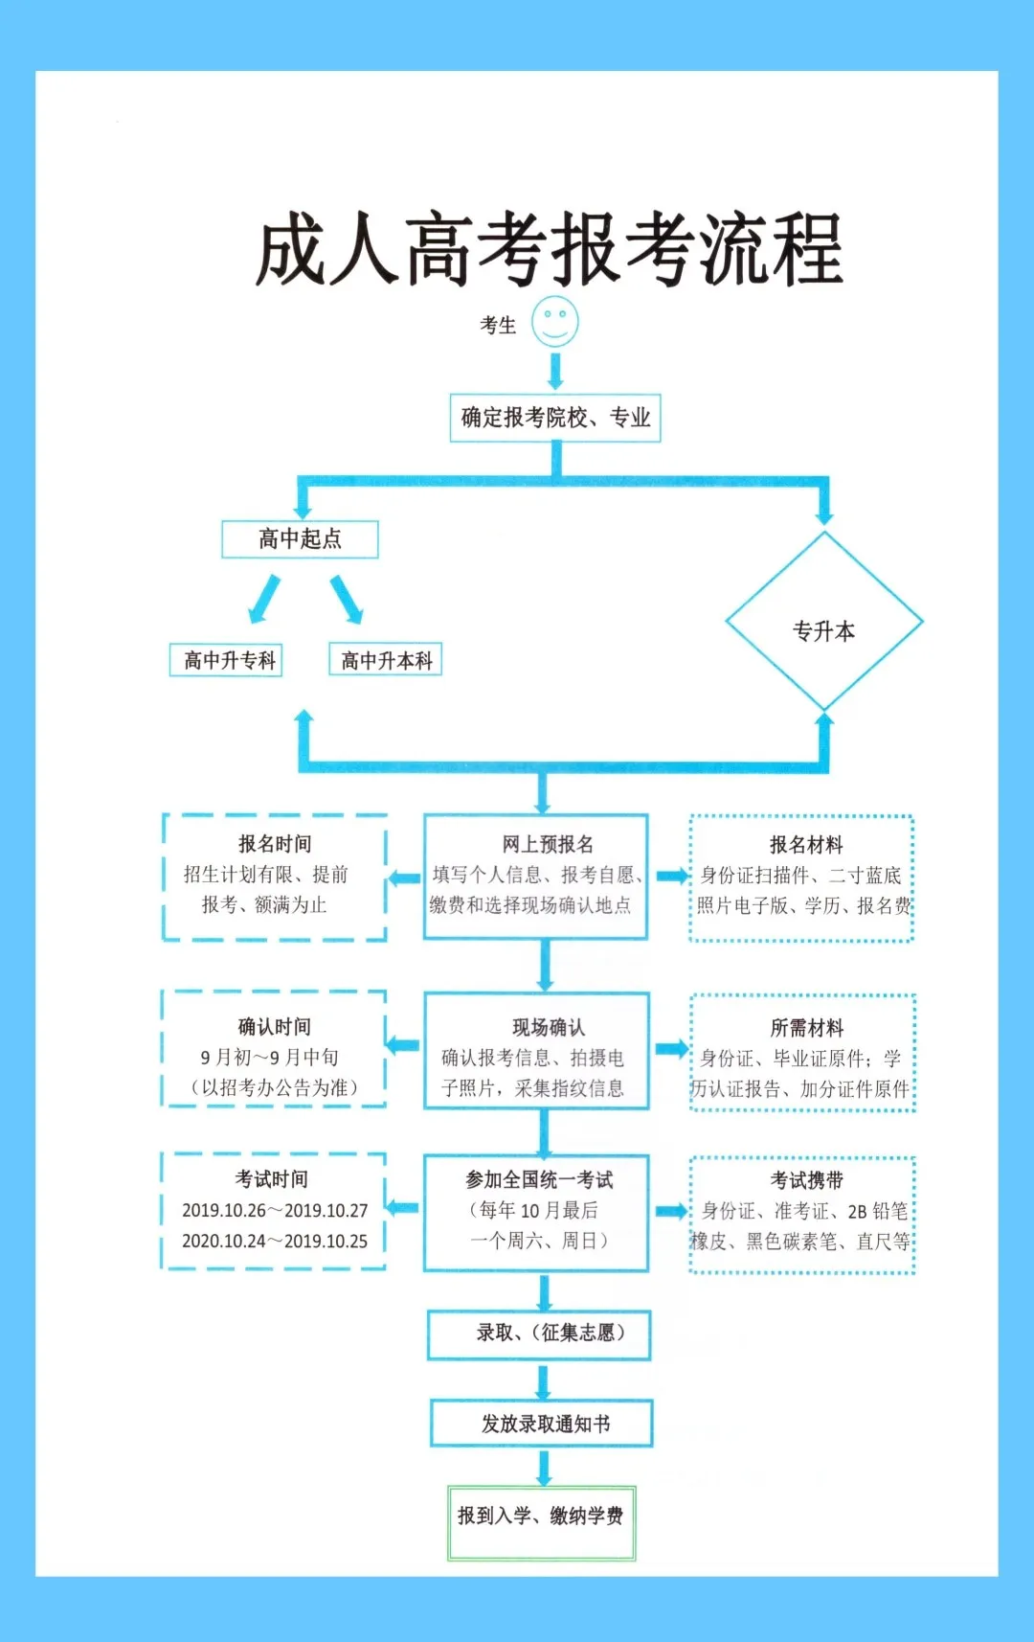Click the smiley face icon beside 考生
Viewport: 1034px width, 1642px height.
pyautogui.click(x=555, y=322)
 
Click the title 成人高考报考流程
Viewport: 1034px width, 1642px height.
pyautogui.click(x=549, y=250)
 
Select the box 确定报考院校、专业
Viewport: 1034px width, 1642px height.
pyautogui.click(x=555, y=418)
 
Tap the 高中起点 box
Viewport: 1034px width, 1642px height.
pyautogui.click(x=300, y=539)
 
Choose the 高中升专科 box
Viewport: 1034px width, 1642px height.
pyautogui.click(x=227, y=660)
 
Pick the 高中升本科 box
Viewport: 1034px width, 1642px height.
pyautogui.click(x=386, y=660)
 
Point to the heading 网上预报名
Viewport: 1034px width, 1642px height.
pyautogui.click(x=548, y=844)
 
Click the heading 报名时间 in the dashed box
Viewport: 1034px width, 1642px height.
pyautogui.click(x=275, y=844)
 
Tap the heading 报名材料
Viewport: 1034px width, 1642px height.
pyautogui.click(x=806, y=845)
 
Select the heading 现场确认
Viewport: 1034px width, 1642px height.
pyautogui.click(x=549, y=1028)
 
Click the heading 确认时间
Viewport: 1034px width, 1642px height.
pyautogui.click(x=275, y=1027)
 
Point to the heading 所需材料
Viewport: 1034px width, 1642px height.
pyautogui.click(x=807, y=1028)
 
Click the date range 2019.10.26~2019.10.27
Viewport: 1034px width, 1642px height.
pyautogui.click(x=275, y=1211)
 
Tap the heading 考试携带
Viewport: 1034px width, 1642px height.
pyautogui.click(x=807, y=1180)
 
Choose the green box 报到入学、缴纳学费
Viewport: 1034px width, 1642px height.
pyautogui.click(x=541, y=1517)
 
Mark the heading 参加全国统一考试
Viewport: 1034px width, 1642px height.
pyautogui.click(x=539, y=1180)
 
